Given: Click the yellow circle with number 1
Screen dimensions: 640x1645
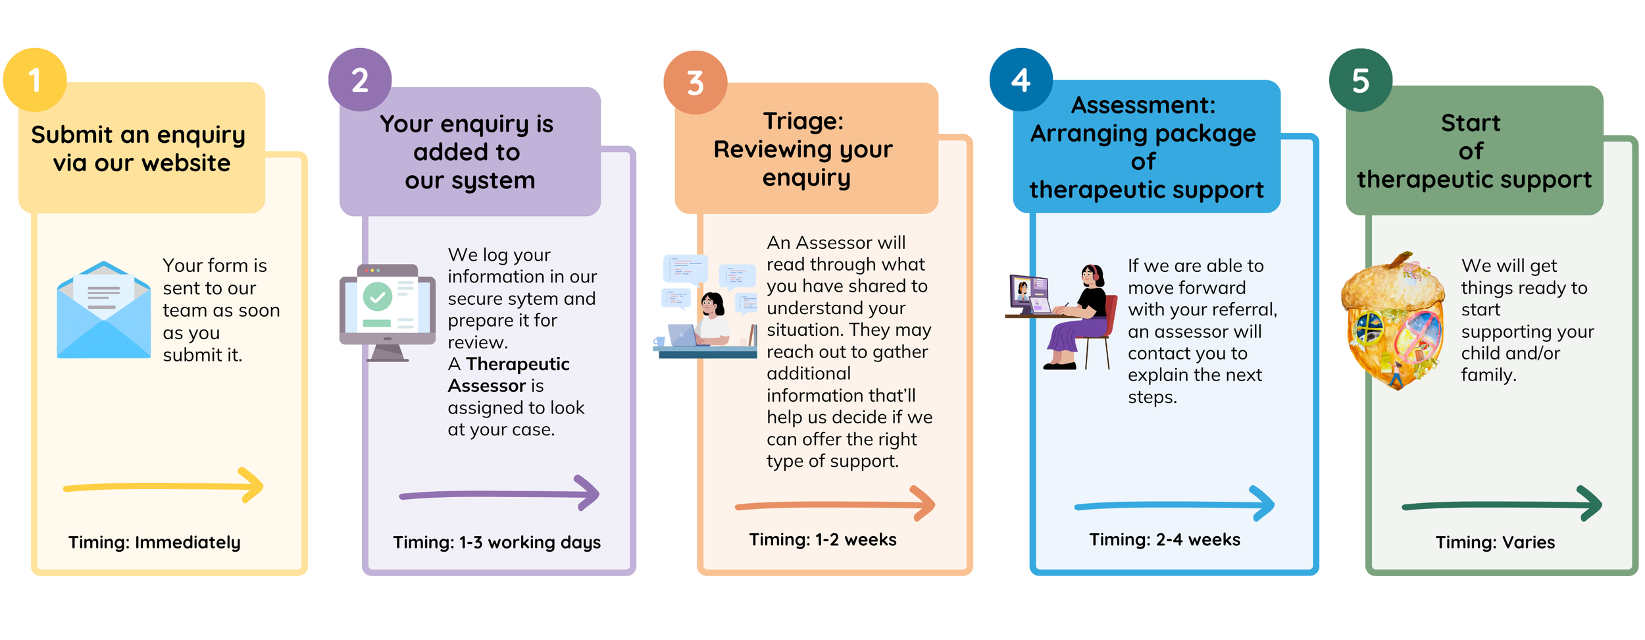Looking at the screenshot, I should coord(35,80).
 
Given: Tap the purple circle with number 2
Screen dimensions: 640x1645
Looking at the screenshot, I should coord(360,80).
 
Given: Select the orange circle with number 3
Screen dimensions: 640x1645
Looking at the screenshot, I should coord(695,82).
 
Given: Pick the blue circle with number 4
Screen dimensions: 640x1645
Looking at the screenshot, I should coord(1021,80).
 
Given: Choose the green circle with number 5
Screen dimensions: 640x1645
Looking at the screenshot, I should coord(1360,80).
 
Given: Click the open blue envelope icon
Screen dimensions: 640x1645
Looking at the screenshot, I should coord(103,311).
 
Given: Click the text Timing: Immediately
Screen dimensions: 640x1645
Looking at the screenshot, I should coord(155,542).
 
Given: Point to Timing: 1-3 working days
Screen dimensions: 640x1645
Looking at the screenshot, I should coord(497,542).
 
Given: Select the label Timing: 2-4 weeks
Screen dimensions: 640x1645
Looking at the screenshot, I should coord(1164,539).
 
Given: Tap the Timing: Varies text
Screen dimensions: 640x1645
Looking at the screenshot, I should coord(1495,542).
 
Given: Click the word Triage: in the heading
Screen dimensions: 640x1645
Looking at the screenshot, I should coord(803,121).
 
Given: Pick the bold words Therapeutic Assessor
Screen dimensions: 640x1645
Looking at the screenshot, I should coord(508,374).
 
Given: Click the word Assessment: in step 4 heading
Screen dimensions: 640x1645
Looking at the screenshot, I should coord(1143,105).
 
